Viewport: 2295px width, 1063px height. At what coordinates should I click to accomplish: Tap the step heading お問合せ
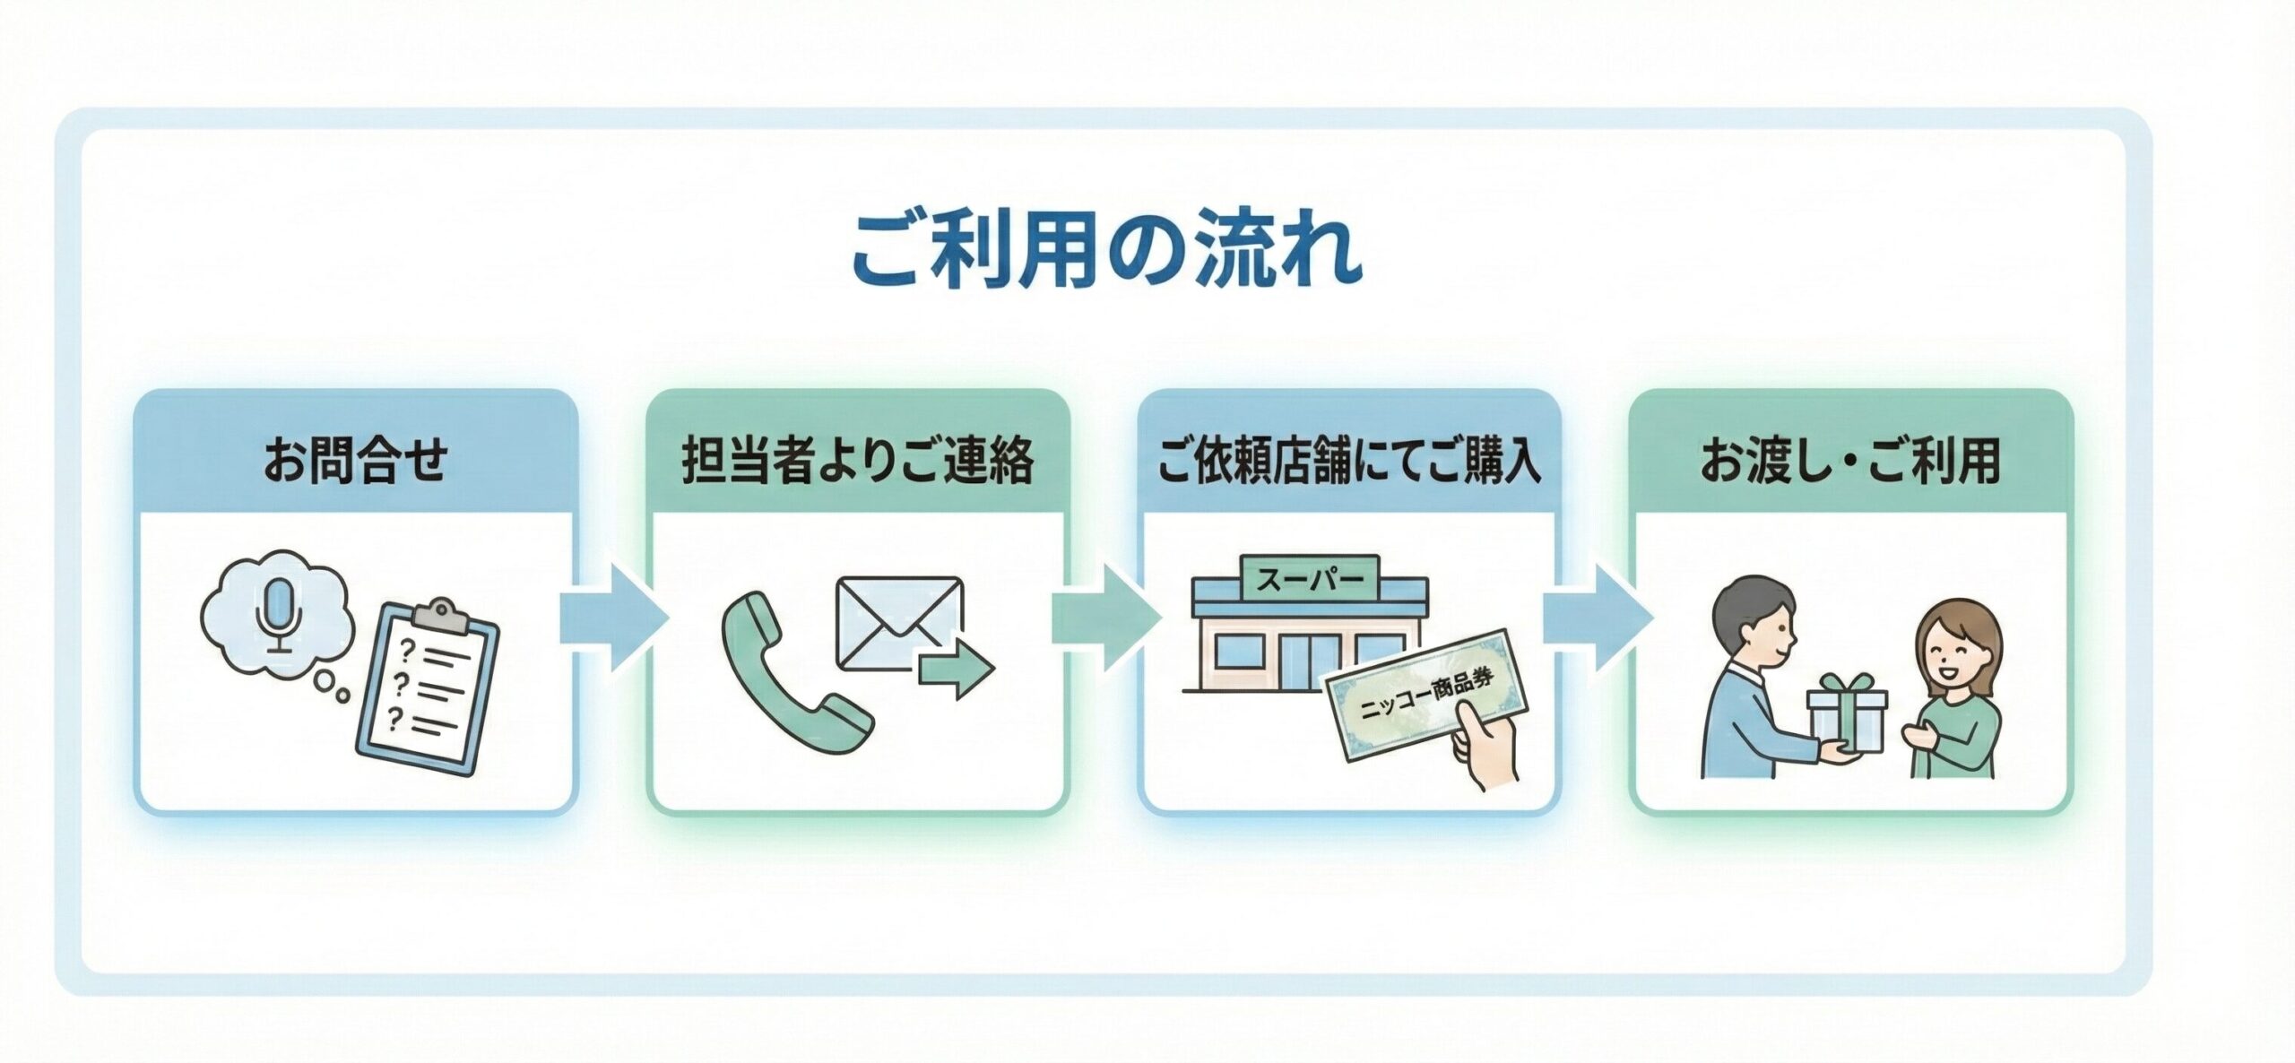(x=355, y=461)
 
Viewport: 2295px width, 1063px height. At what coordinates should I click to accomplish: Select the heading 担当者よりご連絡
(x=858, y=461)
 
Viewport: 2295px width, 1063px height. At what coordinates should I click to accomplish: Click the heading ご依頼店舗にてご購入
(x=1349, y=461)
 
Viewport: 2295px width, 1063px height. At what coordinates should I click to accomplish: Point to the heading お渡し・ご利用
(x=1850, y=461)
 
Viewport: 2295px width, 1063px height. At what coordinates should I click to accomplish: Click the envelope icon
(x=898, y=622)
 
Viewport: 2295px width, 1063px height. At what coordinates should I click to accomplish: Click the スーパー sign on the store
(x=1310, y=580)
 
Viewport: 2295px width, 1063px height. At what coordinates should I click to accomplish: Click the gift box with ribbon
(x=1847, y=717)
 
